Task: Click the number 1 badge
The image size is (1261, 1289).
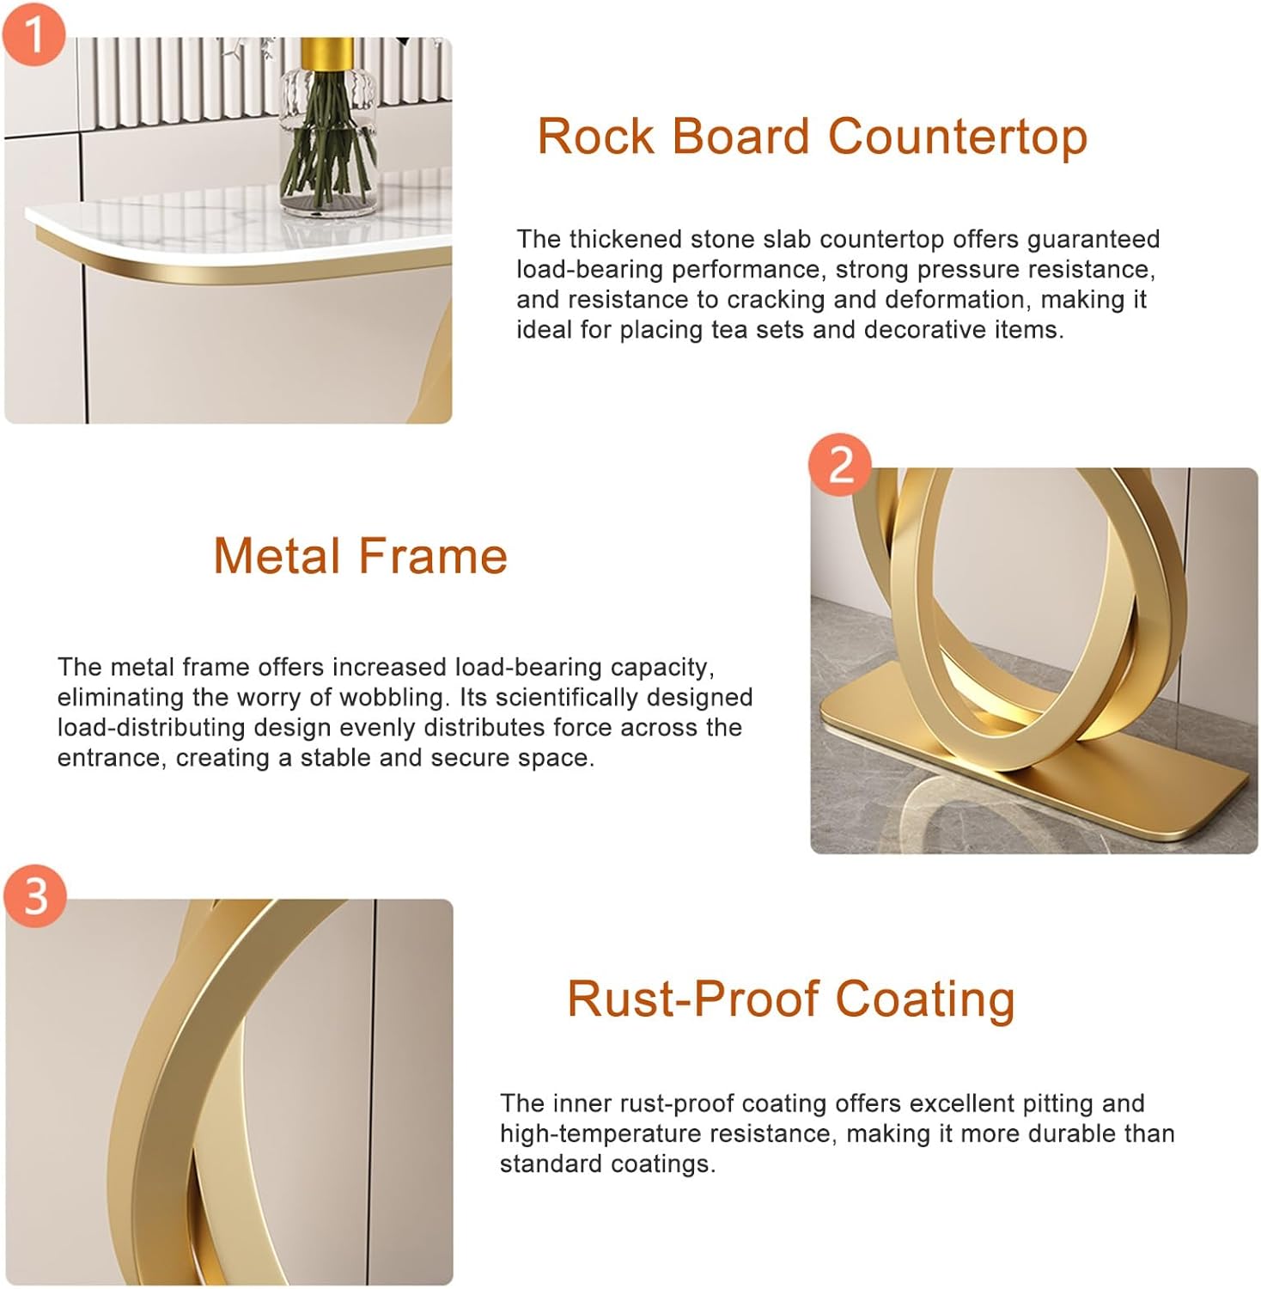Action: (34, 34)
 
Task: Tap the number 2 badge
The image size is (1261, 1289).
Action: (840, 465)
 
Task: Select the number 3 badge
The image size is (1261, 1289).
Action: (35, 896)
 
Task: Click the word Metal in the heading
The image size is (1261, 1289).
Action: (278, 556)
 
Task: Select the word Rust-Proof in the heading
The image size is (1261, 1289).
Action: (692, 999)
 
